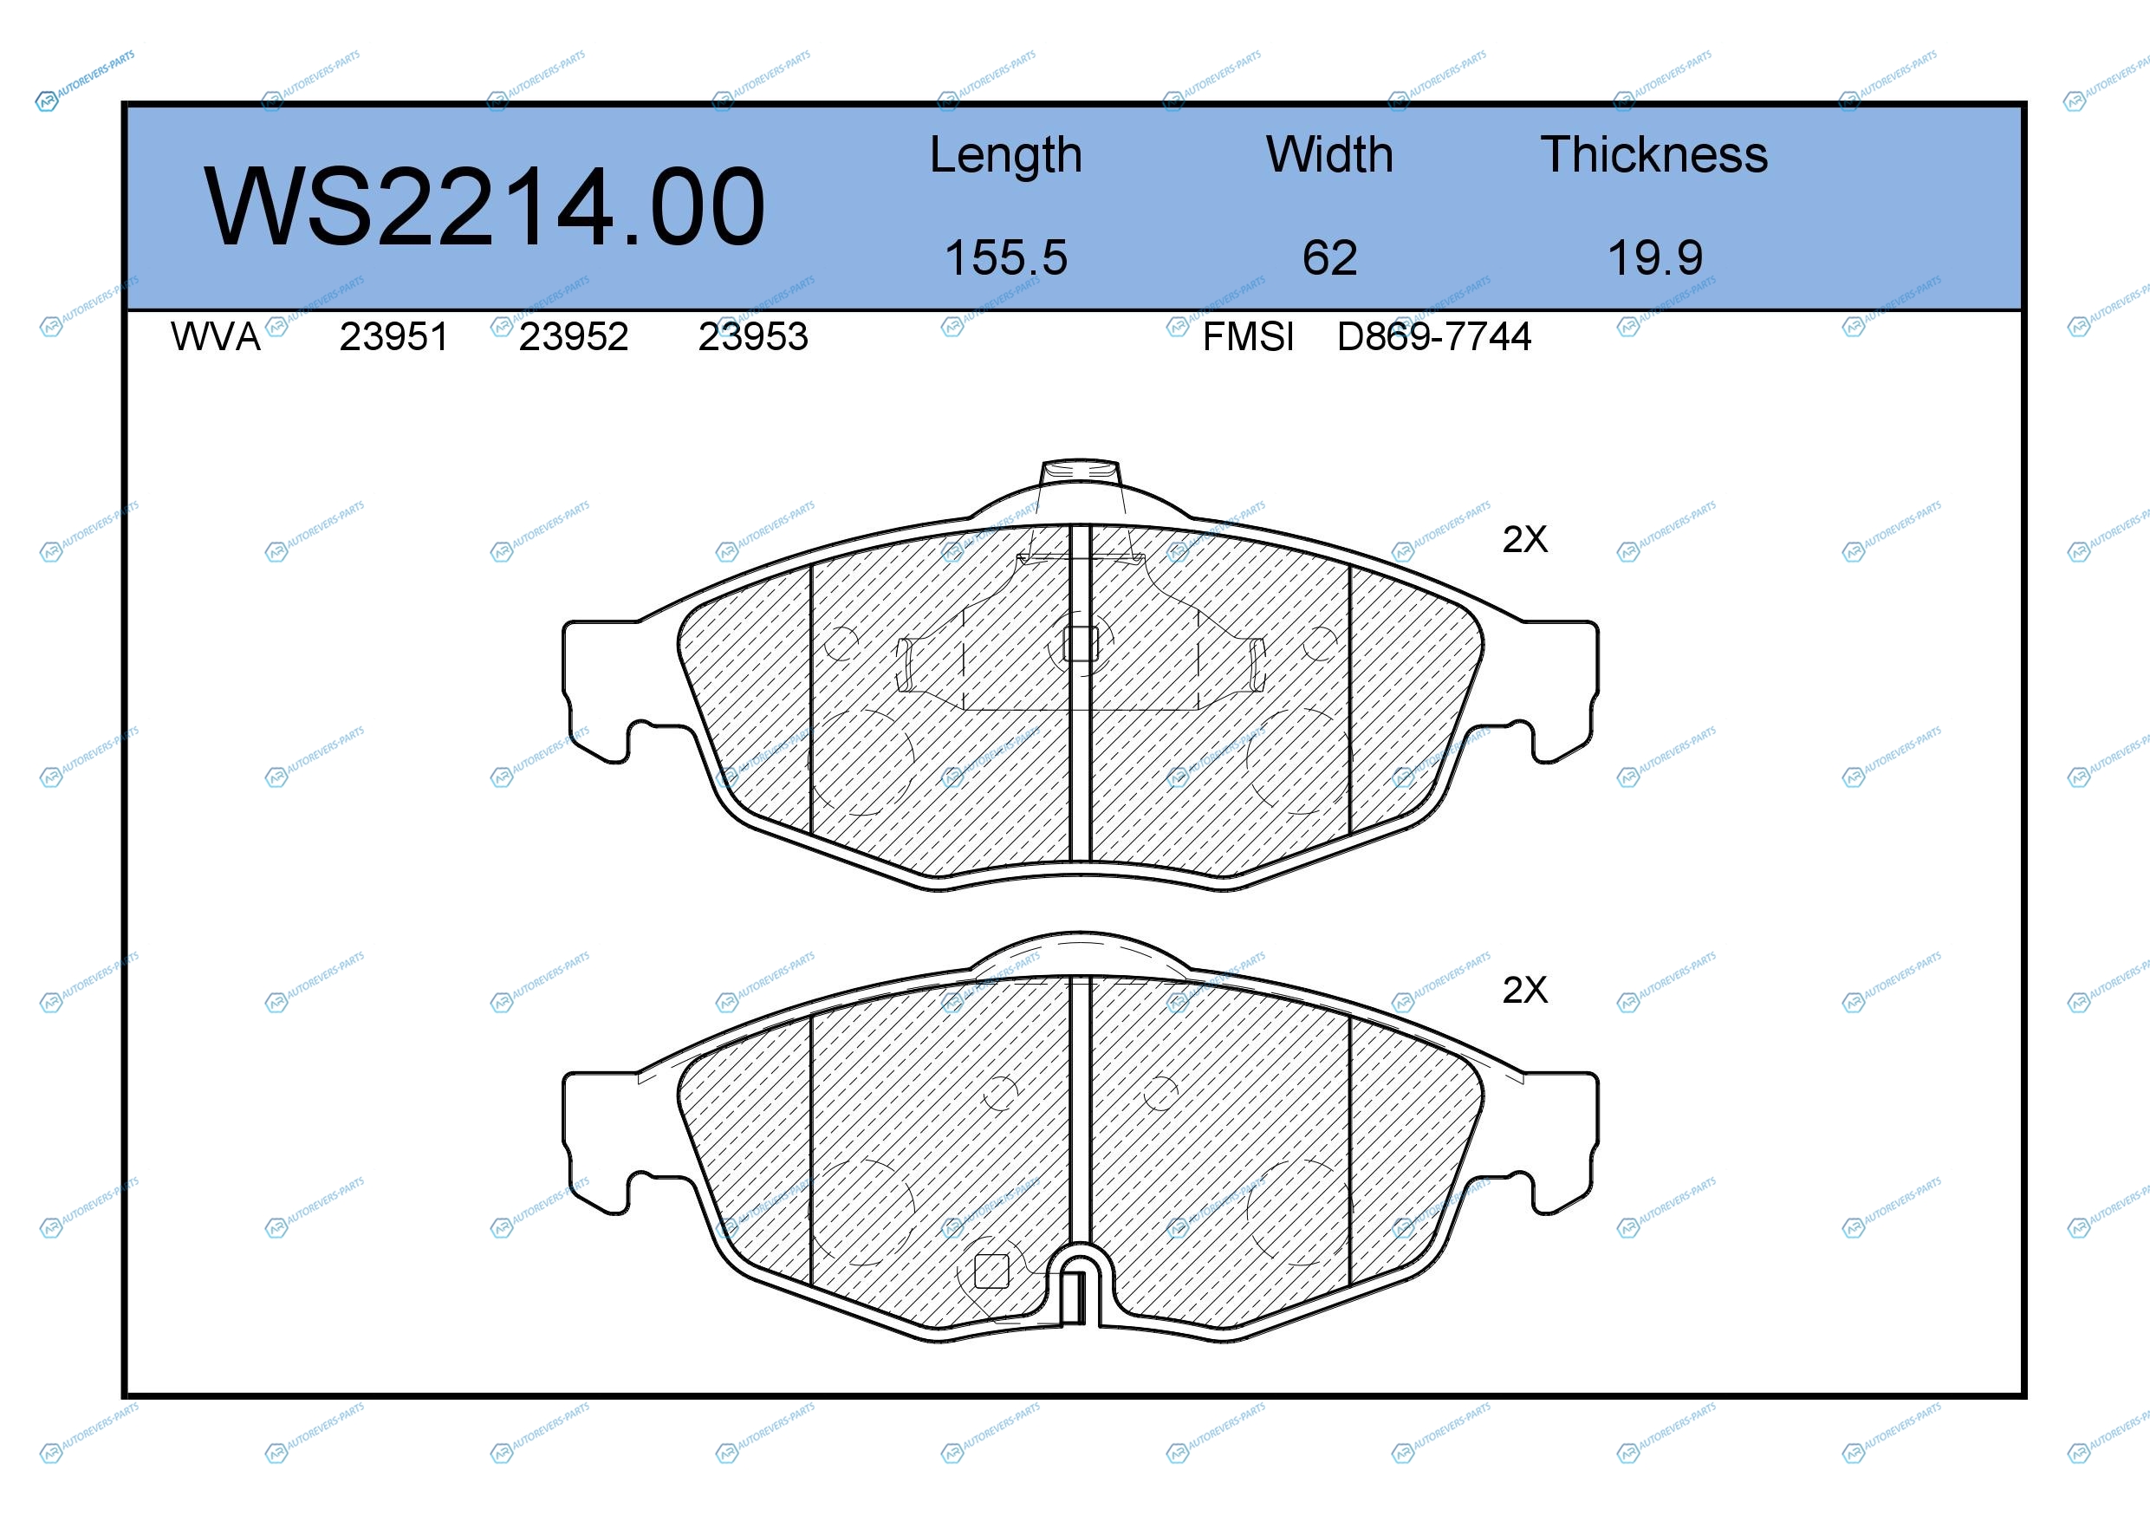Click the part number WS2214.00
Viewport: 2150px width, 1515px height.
pyautogui.click(x=484, y=207)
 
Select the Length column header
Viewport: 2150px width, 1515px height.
pyautogui.click(x=1006, y=155)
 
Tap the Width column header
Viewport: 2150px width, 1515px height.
pyautogui.click(x=1328, y=154)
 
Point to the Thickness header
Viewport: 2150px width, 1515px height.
pyautogui.click(x=1653, y=154)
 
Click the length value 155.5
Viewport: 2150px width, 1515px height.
pyautogui.click(x=1006, y=257)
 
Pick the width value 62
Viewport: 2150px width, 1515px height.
pyautogui.click(x=1328, y=257)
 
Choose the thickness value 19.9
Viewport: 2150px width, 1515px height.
pyautogui.click(x=1654, y=257)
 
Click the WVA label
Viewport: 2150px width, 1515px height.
pyautogui.click(x=216, y=336)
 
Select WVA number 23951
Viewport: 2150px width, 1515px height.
pyautogui.click(x=394, y=336)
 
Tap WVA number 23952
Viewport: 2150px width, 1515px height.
pyautogui.click(x=573, y=336)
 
